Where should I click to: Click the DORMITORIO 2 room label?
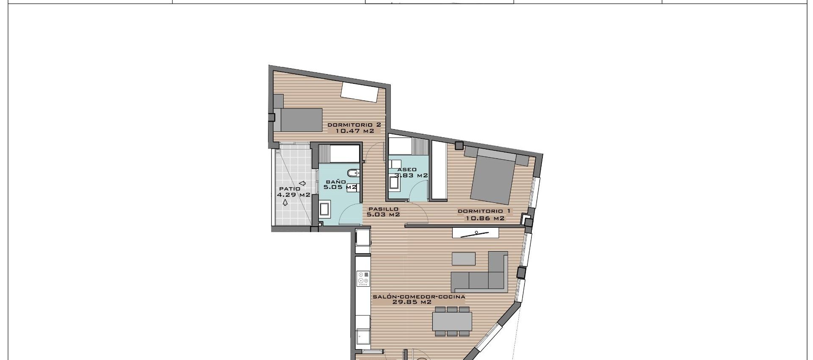tap(354, 125)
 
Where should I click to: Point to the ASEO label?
tap(407, 169)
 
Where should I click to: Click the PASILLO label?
tap(383, 209)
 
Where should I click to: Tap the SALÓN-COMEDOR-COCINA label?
tap(419, 297)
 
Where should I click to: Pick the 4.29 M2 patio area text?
tap(293, 195)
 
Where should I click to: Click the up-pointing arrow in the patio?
tap(285, 202)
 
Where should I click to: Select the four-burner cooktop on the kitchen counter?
tap(363, 277)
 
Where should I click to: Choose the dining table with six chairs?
tap(452, 321)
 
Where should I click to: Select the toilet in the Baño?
tap(353, 174)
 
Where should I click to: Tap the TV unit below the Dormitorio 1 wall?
tap(476, 233)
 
